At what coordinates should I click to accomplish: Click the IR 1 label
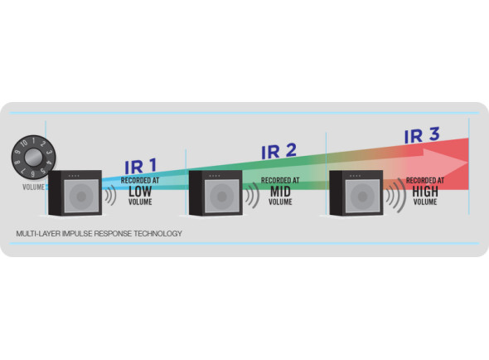click(141, 167)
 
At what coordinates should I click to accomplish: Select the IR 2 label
click(278, 152)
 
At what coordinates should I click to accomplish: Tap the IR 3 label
click(422, 135)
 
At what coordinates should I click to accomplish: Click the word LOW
click(140, 191)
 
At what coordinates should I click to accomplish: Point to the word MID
click(280, 191)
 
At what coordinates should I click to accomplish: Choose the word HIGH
click(425, 191)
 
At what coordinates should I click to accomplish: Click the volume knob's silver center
click(33, 158)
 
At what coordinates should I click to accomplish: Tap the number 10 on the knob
click(24, 144)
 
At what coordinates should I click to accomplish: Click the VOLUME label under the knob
click(33, 187)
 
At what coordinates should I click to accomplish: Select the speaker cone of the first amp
click(81, 197)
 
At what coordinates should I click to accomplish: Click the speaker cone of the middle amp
click(222, 197)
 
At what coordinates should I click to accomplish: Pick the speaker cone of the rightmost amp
click(362, 197)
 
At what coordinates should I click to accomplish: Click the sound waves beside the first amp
click(111, 196)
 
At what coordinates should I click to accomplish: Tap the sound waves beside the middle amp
click(253, 196)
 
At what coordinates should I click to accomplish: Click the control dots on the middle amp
click(215, 176)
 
